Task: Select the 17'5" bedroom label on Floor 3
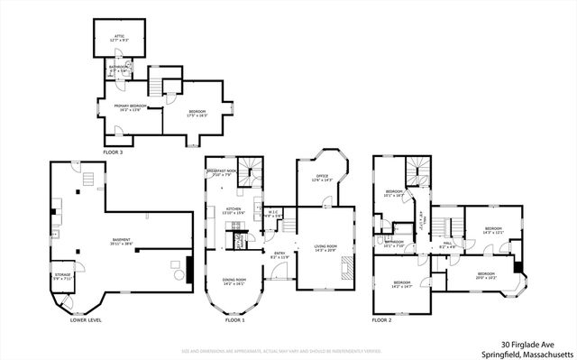click(x=197, y=113)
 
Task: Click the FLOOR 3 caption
click(x=113, y=152)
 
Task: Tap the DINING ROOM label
click(x=234, y=281)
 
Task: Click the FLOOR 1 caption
click(x=234, y=320)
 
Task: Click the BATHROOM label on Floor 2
click(x=394, y=243)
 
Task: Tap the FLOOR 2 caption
click(x=382, y=320)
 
